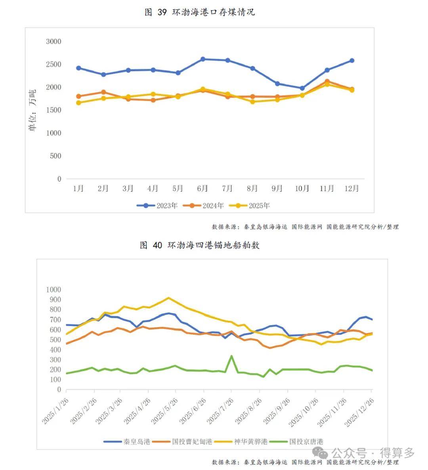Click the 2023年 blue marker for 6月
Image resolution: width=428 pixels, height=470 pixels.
pos(203,59)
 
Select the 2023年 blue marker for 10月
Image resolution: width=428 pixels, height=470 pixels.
pos(302,88)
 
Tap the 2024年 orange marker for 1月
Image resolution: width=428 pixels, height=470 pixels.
pos(78,96)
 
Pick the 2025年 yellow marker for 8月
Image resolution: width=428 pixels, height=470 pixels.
pos(252,102)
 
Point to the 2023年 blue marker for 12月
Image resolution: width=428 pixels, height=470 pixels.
pos(352,61)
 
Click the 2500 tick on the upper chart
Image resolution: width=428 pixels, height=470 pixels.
pos(53,64)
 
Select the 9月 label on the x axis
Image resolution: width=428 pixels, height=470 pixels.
pos(277,188)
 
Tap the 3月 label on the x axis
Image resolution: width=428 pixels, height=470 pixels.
pos(128,188)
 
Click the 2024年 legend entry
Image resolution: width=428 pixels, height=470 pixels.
pos(203,205)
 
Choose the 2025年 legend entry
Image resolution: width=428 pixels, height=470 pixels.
pos(250,205)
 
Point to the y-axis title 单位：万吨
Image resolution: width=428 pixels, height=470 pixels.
pos(32,110)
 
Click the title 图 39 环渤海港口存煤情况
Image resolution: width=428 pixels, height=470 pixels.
pos(200,12)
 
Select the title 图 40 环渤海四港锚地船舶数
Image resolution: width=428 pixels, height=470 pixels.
pos(200,245)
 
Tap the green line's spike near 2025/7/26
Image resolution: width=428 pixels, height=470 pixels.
pos(231,356)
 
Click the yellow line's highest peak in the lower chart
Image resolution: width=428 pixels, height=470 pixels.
pos(169,297)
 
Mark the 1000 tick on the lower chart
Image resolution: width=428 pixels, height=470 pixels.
pos(53,290)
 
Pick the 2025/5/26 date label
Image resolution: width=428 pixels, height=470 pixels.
pos(164,411)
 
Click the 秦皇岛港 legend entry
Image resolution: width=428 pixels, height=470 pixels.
pos(127,441)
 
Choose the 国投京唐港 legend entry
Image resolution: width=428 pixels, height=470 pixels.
pos(296,441)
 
